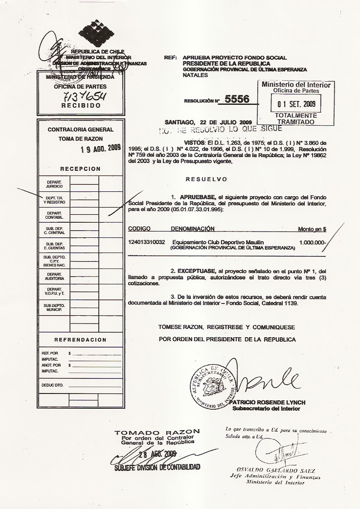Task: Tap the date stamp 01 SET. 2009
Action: click(296, 104)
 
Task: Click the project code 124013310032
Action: click(146, 242)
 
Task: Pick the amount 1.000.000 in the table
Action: click(312, 242)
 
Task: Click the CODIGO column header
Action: click(139, 229)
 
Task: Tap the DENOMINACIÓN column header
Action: click(193, 229)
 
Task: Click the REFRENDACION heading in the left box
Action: click(80, 340)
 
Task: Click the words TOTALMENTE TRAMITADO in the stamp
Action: click(296, 118)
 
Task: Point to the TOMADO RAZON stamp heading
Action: click(157, 432)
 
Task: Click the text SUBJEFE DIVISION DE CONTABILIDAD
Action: click(157, 467)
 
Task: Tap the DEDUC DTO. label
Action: click(53, 385)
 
